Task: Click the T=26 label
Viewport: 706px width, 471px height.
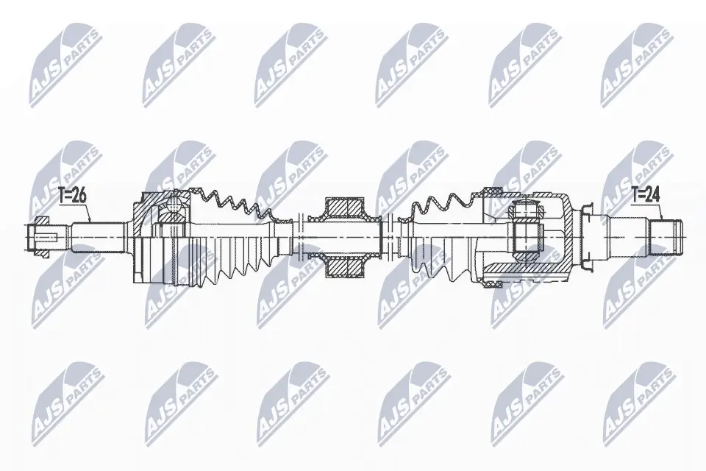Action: coord(72,196)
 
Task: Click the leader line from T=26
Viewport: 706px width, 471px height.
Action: coord(87,213)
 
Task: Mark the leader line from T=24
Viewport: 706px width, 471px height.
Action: coord(660,210)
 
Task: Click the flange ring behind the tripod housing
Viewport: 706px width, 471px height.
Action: coord(588,235)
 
